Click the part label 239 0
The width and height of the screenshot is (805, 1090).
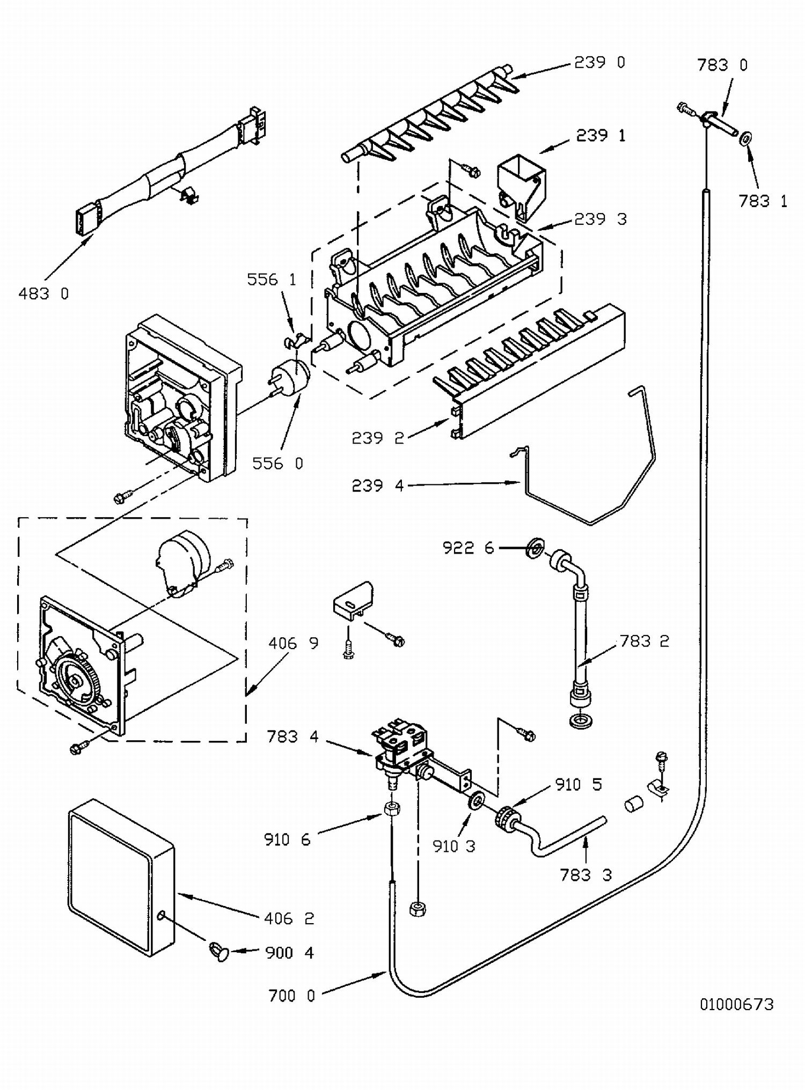tap(599, 63)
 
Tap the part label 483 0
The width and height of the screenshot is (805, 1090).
tap(44, 293)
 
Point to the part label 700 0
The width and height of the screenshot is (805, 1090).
tap(291, 996)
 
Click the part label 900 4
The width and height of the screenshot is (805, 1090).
tap(289, 953)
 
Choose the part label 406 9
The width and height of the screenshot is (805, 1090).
tap(293, 643)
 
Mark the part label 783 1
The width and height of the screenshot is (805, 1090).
tap(763, 201)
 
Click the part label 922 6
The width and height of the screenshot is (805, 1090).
tap(468, 548)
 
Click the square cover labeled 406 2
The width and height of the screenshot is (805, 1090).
tap(121, 878)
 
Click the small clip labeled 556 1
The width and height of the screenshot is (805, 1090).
tap(293, 340)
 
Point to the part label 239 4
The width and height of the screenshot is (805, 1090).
tap(377, 485)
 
